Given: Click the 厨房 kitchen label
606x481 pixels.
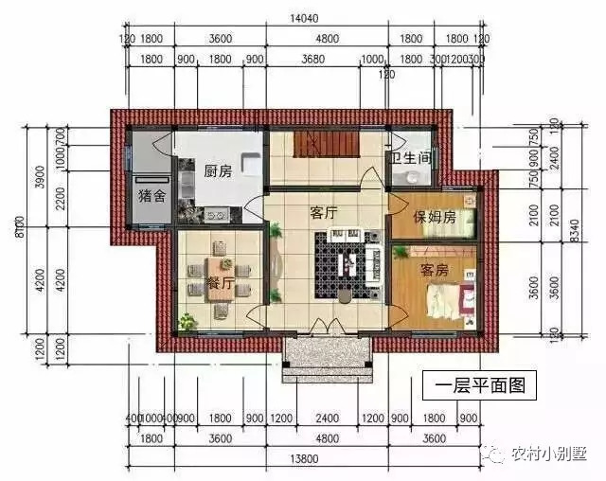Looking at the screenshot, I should pos(218,171).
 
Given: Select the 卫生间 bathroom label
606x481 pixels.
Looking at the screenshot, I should pos(409,158).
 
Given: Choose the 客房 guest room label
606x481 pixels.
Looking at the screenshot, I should pos(435,271).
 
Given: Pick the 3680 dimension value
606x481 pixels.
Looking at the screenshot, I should pos(312,60).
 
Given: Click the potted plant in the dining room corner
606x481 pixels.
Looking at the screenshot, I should pos(187,322).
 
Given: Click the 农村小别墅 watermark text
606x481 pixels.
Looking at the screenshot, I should pos(548,453).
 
